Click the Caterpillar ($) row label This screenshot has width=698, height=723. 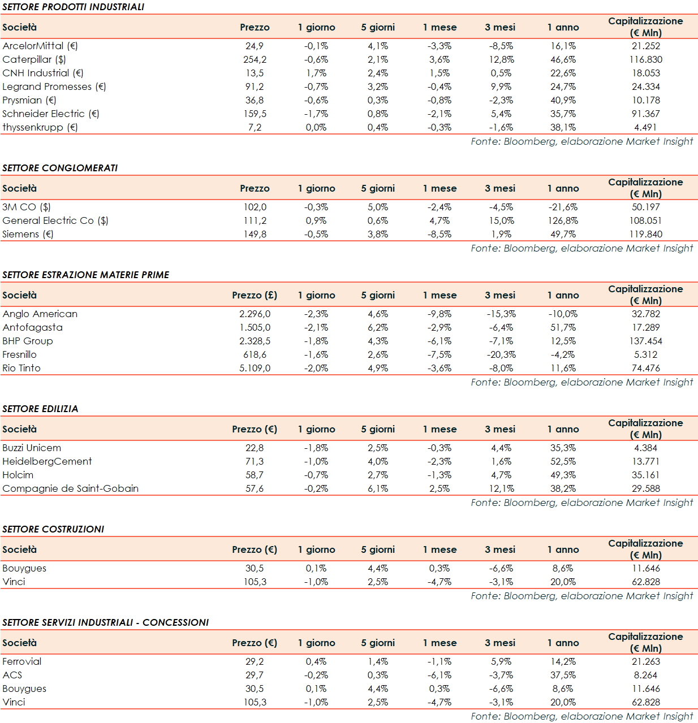click(x=34, y=59)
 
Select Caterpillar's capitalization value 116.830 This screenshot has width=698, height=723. click(x=645, y=59)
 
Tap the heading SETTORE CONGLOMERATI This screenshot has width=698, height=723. click(x=60, y=168)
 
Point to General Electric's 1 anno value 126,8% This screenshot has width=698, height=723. click(x=563, y=220)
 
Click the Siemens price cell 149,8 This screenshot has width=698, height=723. click(x=255, y=234)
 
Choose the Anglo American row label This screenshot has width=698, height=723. click(x=40, y=314)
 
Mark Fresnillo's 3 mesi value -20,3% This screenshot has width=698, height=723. click(x=501, y=354)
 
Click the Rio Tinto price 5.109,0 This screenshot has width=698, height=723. click(x=255, y=368)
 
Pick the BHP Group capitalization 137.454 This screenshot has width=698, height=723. click(x=645, y=341)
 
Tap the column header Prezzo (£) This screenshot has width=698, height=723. click(x=255, y=295)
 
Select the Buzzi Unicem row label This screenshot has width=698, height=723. click(x=32, y=448)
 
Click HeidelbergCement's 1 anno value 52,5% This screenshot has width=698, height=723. click(x=563, y=461)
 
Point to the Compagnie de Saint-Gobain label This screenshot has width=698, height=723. click(x=70, y=488)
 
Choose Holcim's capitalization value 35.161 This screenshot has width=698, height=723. click(x=645, y=475)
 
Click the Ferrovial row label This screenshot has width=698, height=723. click(x=21, y=661)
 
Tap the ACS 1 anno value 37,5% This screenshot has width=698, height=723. click(x=563, y=675)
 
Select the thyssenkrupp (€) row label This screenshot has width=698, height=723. click(x=40, y=127)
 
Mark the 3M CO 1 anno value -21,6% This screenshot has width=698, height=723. click(x=563, y=207)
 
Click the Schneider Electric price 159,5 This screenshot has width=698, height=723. click(x=255, y=114)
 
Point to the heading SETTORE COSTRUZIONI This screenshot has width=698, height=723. click(x=53, y=529)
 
